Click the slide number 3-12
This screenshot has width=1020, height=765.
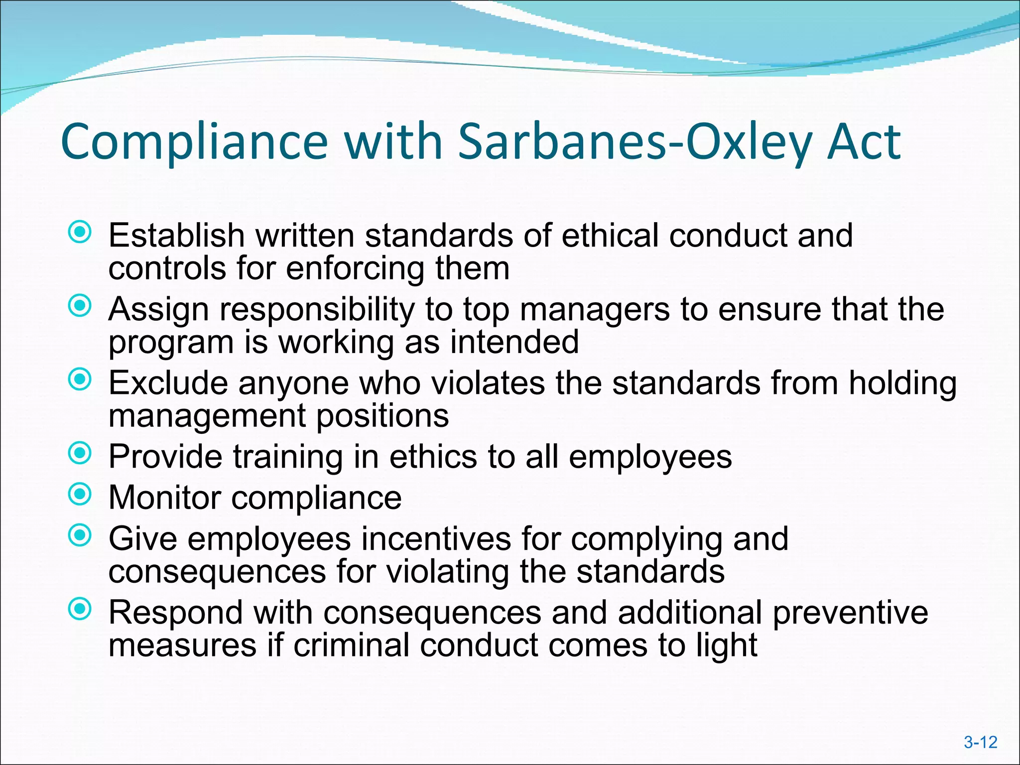980,743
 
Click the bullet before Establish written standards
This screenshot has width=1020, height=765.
80,232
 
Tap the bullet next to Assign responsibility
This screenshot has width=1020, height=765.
80,306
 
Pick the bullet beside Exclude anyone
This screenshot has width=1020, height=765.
80,380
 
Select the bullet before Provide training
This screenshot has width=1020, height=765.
80,453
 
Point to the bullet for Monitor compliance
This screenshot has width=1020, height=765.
80,494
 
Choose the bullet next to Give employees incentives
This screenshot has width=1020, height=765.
80,535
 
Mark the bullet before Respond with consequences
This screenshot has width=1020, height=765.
80,609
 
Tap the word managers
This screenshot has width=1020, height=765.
595,309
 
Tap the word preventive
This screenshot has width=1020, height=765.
850,613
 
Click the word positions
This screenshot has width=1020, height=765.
382,416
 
